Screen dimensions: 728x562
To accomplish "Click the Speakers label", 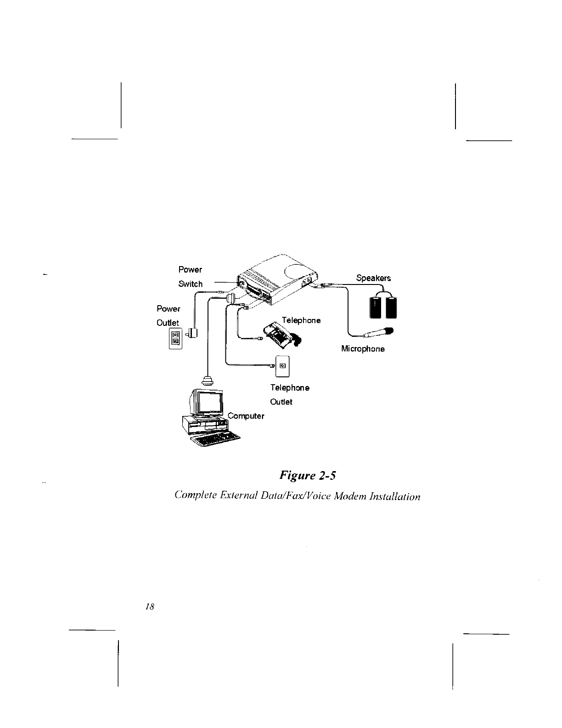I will coord(373,278).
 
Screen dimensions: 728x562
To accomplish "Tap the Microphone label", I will coord(363,349).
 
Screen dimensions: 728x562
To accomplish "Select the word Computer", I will coord(246,416).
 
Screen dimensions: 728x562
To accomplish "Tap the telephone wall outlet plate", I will coord(282,366).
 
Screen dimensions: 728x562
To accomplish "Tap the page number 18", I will coord(149,607).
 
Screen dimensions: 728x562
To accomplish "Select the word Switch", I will coord(190,284).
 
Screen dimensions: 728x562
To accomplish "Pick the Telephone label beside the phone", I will coord(301,320).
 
